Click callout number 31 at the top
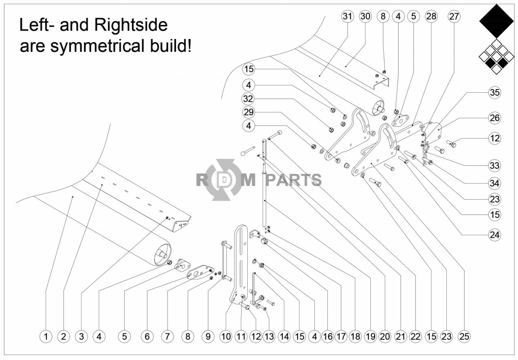point(347,17)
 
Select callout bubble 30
point(365,17)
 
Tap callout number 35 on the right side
point(495,92)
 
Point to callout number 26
point(495,118)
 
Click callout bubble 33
point(495,166)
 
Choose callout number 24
point(495,235)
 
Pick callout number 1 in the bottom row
point(46,336)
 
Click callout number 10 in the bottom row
point(226,336)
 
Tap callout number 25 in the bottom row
point(464,336)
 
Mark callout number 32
point(248,98)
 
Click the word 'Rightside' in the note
point(131,25)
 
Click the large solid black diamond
point(496,21)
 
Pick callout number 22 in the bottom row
point(415,336)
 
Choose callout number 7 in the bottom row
point(167,336)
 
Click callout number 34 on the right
point(495,183)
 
